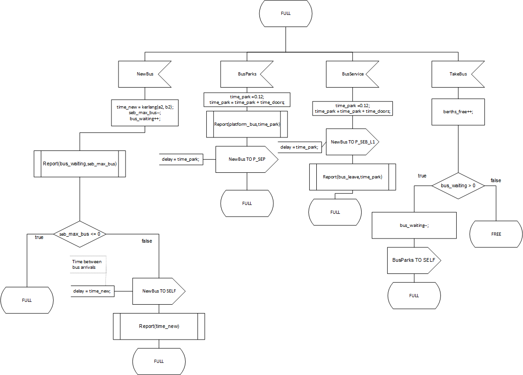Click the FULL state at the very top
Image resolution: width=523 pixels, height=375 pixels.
(x=286, y=14)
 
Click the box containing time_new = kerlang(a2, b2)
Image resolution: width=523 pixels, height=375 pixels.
(x=145, y=113)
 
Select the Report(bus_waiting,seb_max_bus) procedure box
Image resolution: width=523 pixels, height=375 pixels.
(x=80, y=164)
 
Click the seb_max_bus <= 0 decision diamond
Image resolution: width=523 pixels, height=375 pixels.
(x=80, y=234)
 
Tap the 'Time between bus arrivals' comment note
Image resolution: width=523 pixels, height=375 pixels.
(x=88, y=264)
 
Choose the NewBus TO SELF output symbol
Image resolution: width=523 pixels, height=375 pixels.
(x=159, y=291)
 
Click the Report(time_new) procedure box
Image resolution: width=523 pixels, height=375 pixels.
(x=159, y=326)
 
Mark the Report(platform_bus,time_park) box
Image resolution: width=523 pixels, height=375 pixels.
(x=247, y=124)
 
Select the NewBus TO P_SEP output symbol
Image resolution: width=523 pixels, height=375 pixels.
(x=246, y=159)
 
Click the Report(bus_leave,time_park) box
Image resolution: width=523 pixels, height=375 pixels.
(x=353, y=177)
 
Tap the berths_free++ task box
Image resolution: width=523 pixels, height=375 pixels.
(x=458, y=112)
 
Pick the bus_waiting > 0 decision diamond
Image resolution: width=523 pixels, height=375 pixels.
(x=458, y=186)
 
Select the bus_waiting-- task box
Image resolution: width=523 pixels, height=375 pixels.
(x=414, y=225)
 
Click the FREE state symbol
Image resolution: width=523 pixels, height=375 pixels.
(x=496, y=234)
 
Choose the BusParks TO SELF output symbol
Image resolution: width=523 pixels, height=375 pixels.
(x=413, y=260)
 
